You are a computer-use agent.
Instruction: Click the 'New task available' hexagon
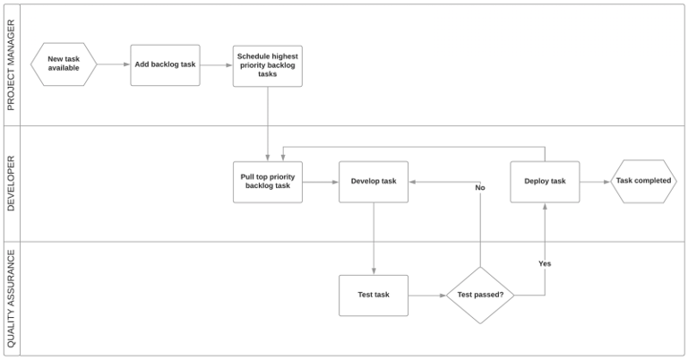coord(64,64)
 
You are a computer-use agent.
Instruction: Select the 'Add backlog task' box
coord(165,64)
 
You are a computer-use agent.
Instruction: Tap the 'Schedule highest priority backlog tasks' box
coord(268,65)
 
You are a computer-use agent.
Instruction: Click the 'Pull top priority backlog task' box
coord(268,182)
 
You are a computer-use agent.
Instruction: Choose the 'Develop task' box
coord(374,182)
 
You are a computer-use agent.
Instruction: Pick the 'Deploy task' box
coord(545,182)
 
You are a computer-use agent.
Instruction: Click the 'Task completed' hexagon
coord(643,182)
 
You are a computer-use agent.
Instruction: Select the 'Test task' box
coord(374,295)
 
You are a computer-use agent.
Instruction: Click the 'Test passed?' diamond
coord(481,295)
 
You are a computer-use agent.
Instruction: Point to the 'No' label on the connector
coord(480,188)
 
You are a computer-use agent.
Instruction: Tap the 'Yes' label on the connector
coord(545,263)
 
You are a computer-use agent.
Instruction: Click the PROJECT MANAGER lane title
coord(12,64)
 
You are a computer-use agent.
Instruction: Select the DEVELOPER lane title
coord(12,183)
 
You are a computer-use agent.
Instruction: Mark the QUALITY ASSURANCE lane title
coord(12,298)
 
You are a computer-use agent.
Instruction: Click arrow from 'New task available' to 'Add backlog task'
coord(113,64)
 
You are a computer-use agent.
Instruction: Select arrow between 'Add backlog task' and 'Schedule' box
coord(216,64)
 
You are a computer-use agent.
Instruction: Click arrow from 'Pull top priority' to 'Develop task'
coord(321,182)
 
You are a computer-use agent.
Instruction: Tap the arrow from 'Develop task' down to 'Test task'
coord(374,238)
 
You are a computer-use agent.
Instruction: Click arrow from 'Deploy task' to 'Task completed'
coord(594,182)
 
